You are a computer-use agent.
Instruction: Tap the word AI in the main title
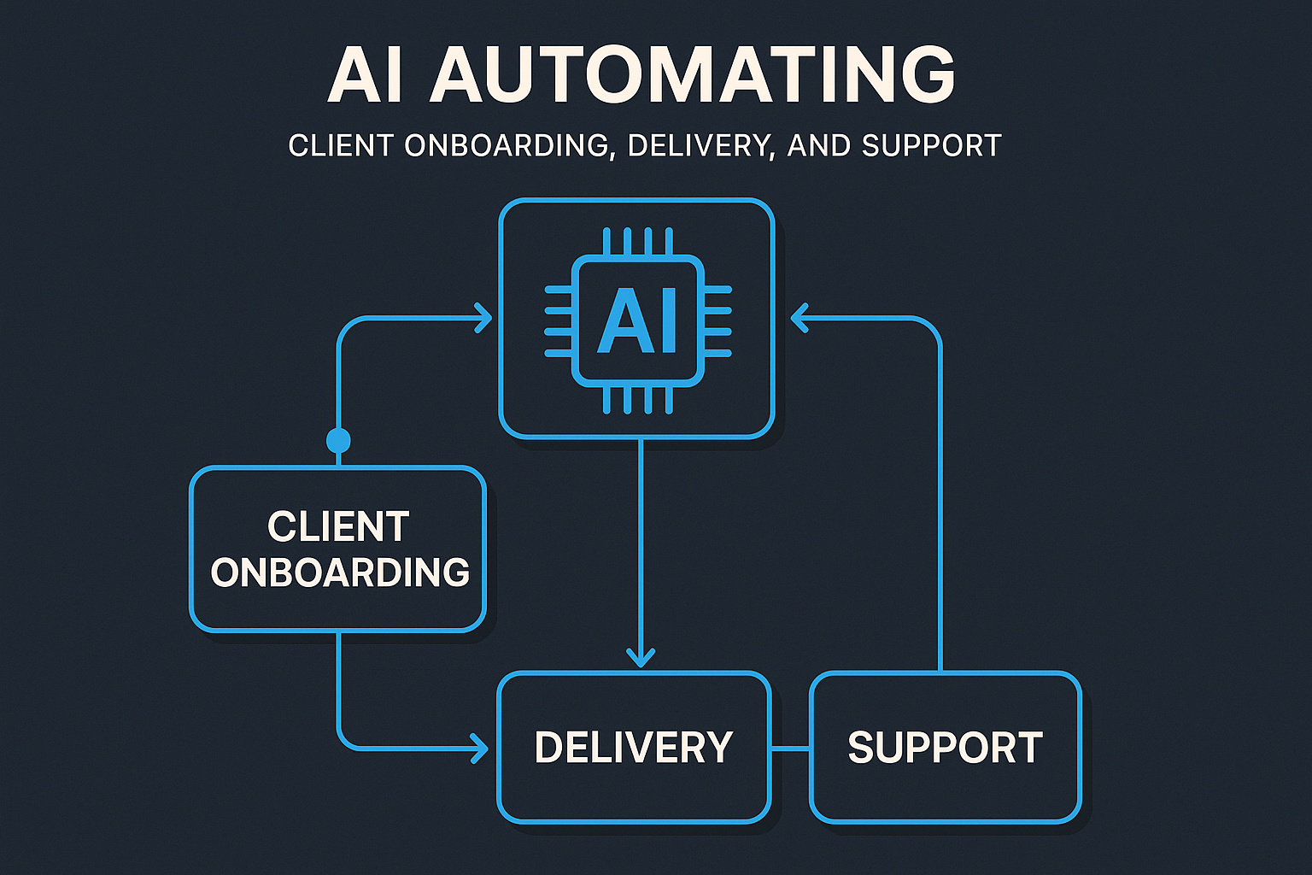354,75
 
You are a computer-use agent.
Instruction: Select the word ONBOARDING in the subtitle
508,146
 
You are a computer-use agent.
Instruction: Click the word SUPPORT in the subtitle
931,146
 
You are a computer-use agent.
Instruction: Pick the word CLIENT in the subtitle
342,146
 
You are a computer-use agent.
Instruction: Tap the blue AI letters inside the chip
637,321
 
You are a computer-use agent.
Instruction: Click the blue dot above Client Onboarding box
338,441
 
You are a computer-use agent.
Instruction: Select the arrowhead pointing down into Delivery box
641,656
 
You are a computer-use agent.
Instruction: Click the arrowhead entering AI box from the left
484,319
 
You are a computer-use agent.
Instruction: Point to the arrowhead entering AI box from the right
799,319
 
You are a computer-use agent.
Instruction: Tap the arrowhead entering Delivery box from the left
479,749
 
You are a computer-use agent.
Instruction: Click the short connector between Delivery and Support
790,749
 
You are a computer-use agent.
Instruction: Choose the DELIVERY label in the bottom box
634,748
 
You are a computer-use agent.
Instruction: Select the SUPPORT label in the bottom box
945,748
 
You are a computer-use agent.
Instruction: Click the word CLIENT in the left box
338,526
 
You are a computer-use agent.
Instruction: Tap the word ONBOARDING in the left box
340,573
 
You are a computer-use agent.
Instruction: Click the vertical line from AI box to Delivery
641,547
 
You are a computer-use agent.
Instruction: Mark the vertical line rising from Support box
940,513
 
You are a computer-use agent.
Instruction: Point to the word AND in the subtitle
819,146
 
